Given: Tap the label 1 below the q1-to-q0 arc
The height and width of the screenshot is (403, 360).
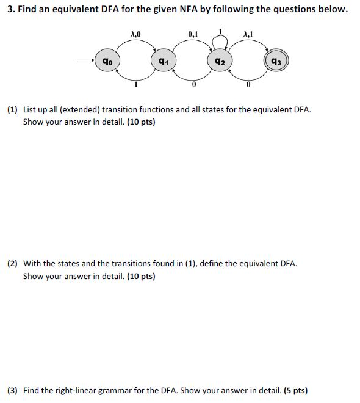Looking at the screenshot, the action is tap(135, 86).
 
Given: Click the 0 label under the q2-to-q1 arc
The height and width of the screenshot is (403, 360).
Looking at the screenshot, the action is tap(193, 86).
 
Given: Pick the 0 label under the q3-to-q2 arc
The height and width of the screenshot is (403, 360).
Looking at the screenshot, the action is tap(248, 86).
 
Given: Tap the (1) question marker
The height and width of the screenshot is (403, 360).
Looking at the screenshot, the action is tap(12, 111).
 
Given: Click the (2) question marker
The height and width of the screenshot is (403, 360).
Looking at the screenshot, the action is tap(12, 264).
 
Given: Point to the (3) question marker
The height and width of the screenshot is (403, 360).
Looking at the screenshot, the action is tap(12, 390).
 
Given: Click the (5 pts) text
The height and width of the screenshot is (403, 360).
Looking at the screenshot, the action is tap(296, 390).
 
